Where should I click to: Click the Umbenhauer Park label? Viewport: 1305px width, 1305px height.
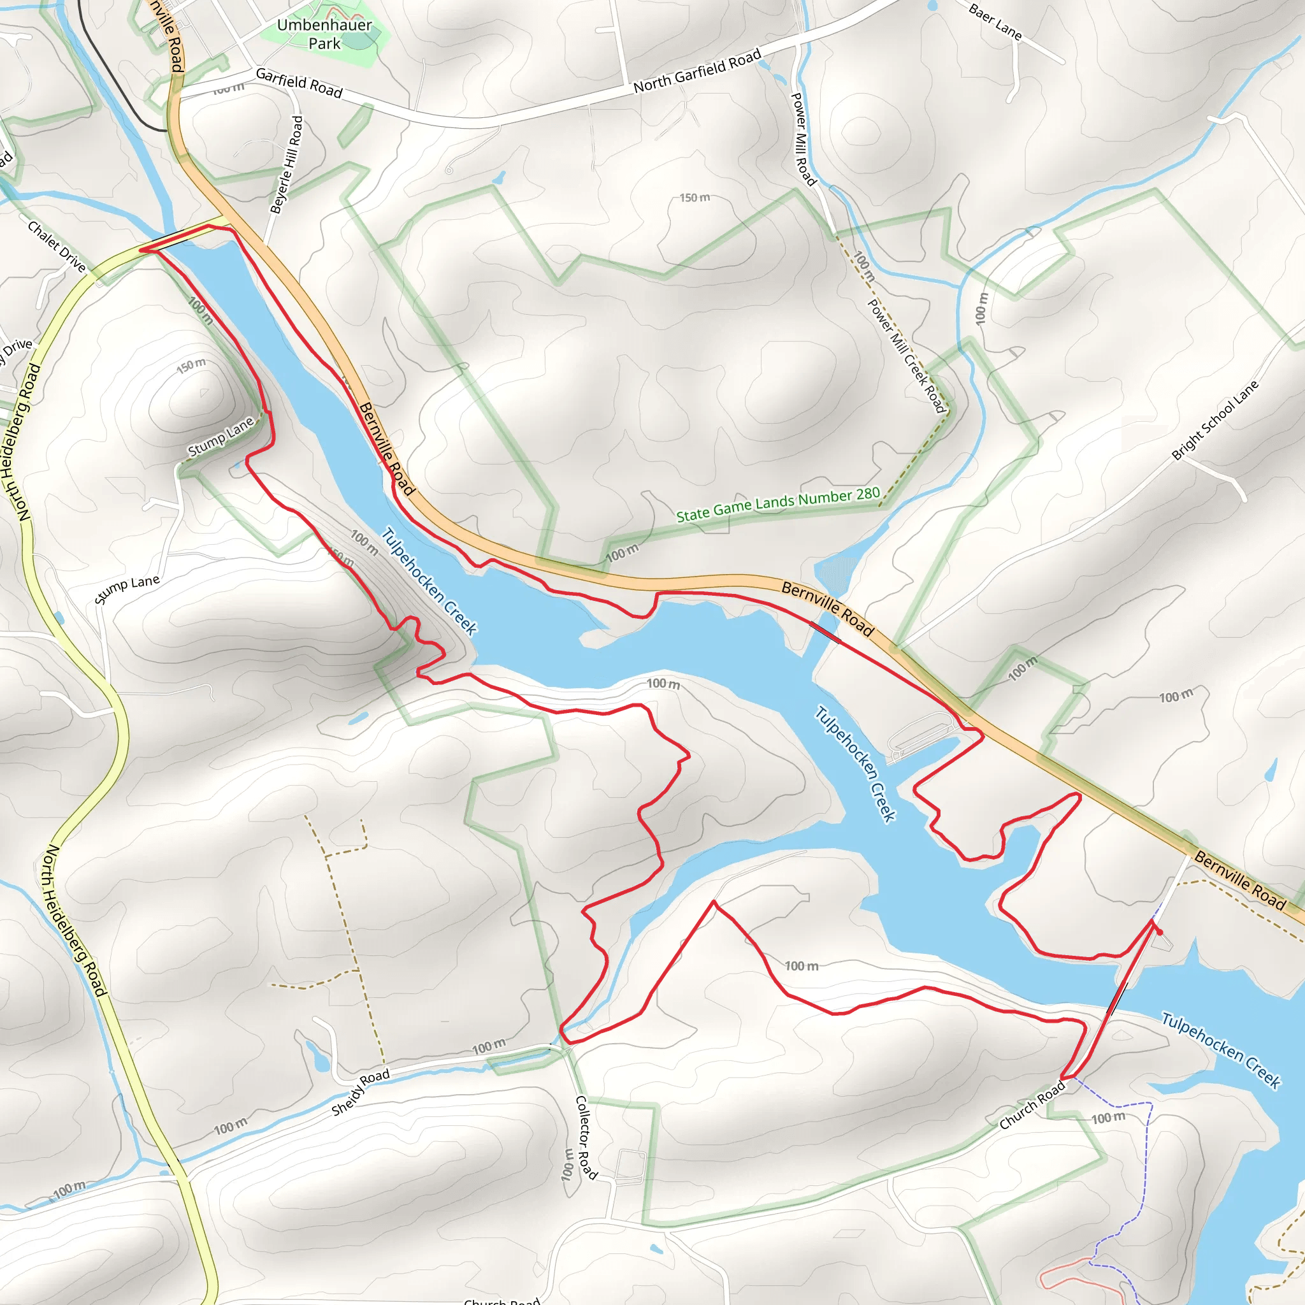(324, 34)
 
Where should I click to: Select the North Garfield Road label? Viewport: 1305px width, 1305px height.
(697, 71)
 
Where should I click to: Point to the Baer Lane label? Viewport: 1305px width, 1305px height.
(995, 21)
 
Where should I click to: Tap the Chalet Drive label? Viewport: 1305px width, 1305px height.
(57, 247)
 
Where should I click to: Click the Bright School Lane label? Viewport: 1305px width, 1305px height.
(1215, 420)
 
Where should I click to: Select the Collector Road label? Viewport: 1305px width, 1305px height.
(585, 1137)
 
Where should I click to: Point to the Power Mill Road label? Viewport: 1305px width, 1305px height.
(803, 139)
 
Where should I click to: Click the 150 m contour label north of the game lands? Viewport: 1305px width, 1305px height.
(695, 198)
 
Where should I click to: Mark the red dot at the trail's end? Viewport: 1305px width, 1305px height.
(1160, 932)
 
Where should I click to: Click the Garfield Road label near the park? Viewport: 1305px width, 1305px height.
(299, 83)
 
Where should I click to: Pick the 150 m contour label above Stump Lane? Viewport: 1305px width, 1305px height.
(191, 365)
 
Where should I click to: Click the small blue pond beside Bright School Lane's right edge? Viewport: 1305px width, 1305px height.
(1271, 769)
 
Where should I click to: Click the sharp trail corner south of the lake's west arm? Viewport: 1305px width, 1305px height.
(714, 902)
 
